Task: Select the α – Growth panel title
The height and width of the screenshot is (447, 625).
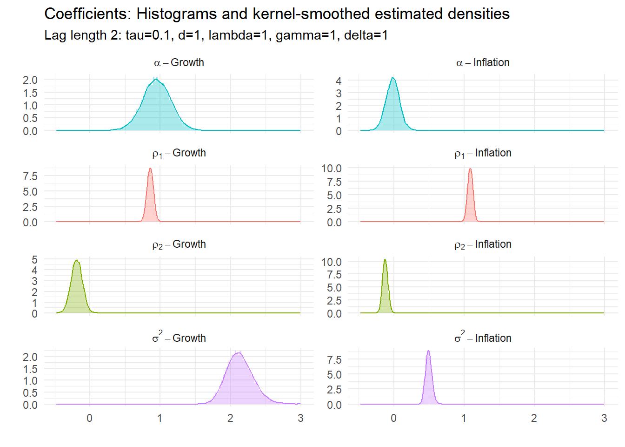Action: pos(179,62)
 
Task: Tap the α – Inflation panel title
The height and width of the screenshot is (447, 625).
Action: pos(483,62)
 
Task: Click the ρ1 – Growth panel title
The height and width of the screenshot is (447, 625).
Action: pos(179,153)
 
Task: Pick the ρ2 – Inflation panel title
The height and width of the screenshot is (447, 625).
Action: pos(483,244)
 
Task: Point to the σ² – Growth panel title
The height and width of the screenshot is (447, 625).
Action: pos(179,338)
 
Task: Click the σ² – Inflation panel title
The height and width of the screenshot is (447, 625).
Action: pos(483,338)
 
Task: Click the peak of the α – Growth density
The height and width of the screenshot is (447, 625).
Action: pos(156,79)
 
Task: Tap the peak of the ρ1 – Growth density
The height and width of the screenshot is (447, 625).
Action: pos(150,168)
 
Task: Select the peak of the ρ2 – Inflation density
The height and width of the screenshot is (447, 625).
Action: pos(385,260)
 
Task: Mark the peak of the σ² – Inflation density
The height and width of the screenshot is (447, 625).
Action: pos(428,351)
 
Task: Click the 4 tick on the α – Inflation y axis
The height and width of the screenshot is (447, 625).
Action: pos(339,81)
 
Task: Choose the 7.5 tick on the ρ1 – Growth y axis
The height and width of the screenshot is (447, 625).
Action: pos(30,176)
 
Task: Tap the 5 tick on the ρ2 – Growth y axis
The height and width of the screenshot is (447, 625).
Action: pos(34,259)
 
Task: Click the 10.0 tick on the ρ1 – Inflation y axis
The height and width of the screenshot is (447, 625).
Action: pos(332,169)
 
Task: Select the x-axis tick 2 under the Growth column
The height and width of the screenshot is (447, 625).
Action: pos(230,418)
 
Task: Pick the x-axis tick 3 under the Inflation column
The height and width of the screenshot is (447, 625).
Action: pos(604,418)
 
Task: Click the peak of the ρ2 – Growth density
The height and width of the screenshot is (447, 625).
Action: pos(77,260)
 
